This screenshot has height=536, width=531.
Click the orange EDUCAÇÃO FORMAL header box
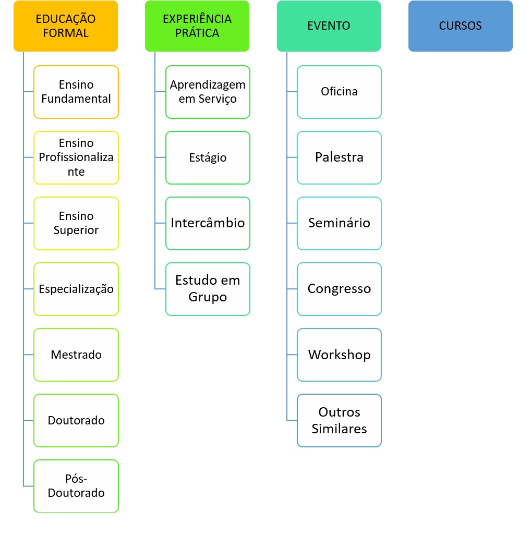pos(66,26)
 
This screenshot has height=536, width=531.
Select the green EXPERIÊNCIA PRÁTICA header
pos(197,26)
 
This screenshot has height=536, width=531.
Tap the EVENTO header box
pos(329,26)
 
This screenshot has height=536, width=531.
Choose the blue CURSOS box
pos(460,26)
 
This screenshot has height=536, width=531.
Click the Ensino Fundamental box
pos(76,92)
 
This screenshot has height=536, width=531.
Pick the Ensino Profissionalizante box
pos(76,157)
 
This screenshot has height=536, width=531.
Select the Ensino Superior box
pos(76,223)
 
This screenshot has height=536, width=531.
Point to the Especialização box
pos(76,289)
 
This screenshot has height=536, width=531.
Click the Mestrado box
pos(76,355)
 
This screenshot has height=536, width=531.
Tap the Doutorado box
pos(76,420)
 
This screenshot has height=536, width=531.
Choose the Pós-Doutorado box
pos(76,486)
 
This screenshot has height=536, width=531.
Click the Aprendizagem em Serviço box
pos(208,92)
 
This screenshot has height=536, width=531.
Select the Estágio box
pos(208,157)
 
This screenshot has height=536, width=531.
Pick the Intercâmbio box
pos(208,223)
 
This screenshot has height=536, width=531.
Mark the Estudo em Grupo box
pos(208,289)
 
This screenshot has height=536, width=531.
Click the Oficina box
pos(339,92)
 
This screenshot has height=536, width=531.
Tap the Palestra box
pos(339,157)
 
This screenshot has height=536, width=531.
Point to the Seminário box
pos(339,223)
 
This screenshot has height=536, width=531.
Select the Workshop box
pos(339,355)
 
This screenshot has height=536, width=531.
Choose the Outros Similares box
pos(339,420)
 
